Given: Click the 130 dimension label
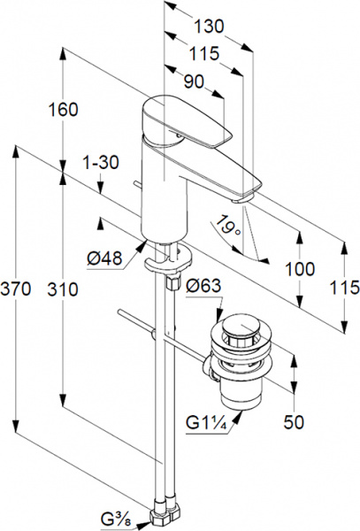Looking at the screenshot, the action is tap(209, 27).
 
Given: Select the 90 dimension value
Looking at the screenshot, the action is tap(195, 81).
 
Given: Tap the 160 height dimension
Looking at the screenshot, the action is tap(64, 110).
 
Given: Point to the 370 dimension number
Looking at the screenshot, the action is tap(16, 289).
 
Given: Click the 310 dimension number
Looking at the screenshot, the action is tap(63, 289).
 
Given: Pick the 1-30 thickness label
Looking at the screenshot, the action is tap(101, 163).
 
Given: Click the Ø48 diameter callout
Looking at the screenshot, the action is tap(104, 259).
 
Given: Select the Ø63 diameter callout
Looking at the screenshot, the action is tap(204, 286).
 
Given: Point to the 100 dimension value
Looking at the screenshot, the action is tap(300, 269).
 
